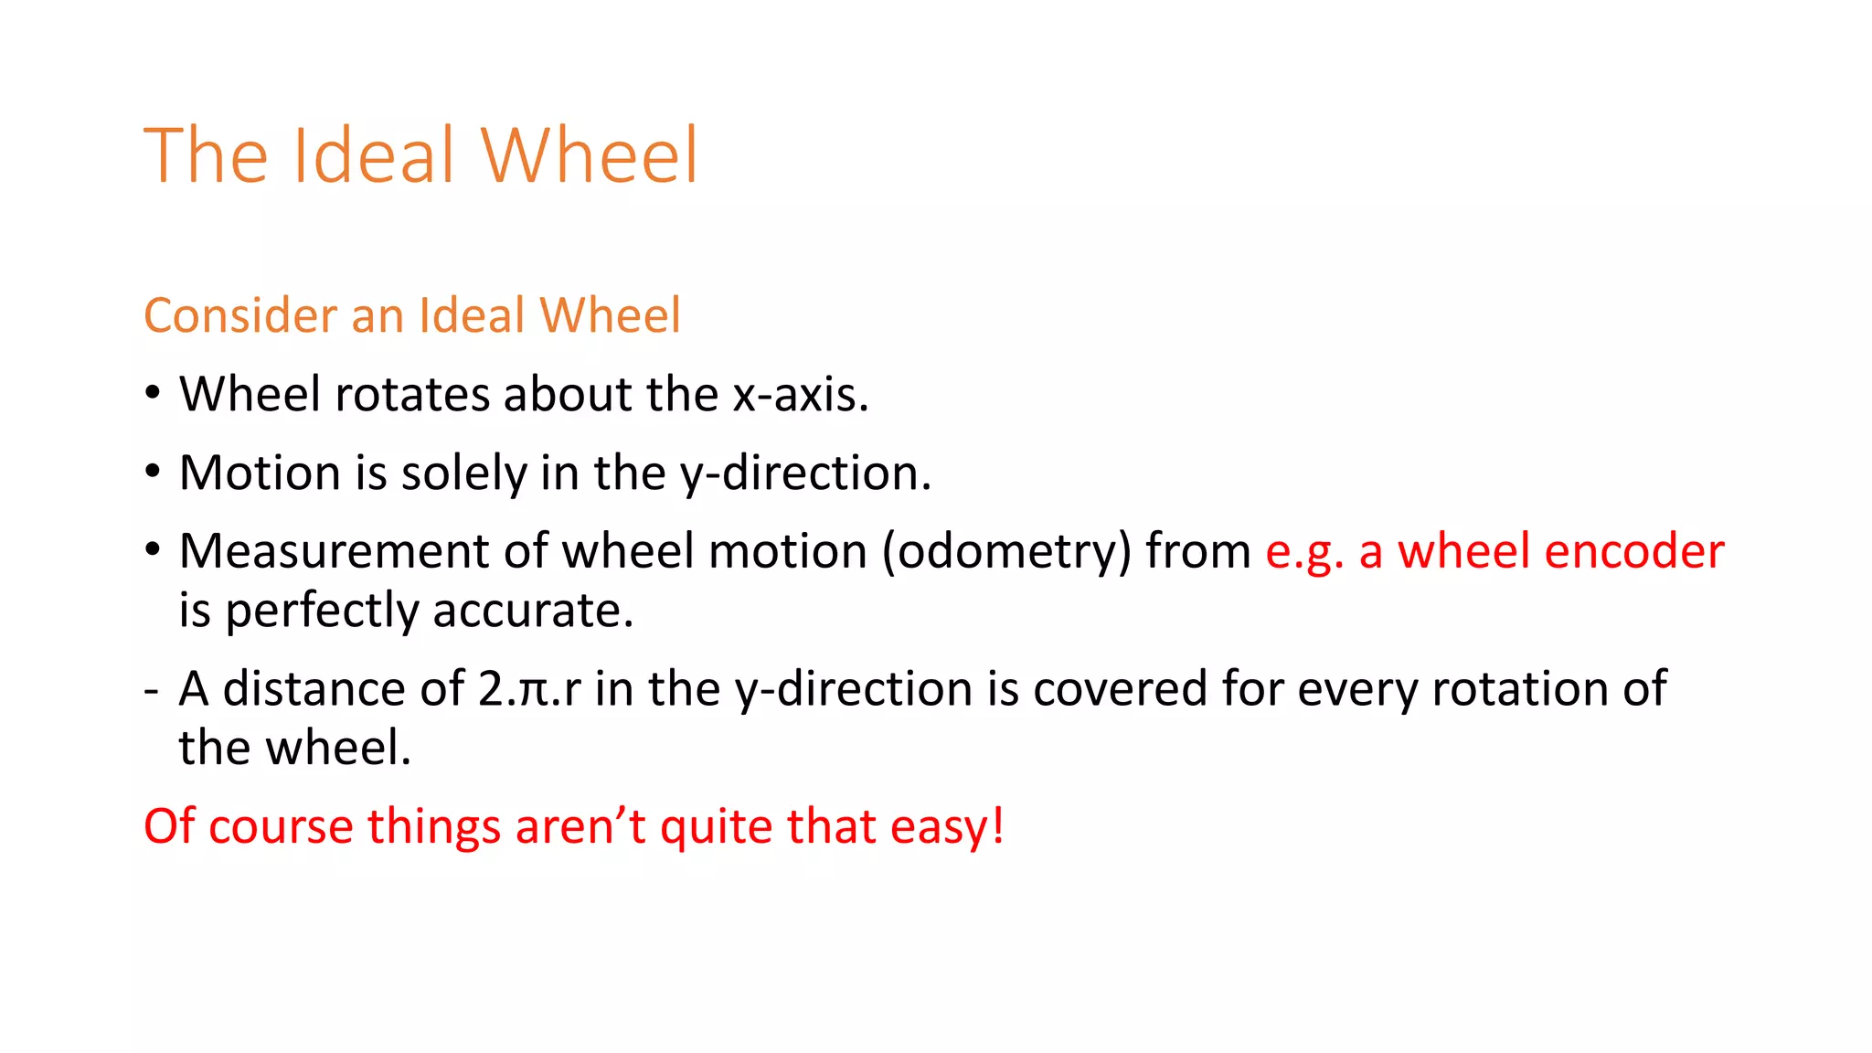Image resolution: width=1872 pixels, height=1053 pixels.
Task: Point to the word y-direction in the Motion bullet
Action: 804,473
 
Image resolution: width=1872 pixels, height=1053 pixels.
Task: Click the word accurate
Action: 533,611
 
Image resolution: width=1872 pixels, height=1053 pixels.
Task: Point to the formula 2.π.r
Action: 529,689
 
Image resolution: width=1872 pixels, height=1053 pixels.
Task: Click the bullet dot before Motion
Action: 153,472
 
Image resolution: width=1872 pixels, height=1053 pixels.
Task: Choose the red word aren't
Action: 580,827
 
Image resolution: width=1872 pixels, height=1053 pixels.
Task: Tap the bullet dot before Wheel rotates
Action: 153,393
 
